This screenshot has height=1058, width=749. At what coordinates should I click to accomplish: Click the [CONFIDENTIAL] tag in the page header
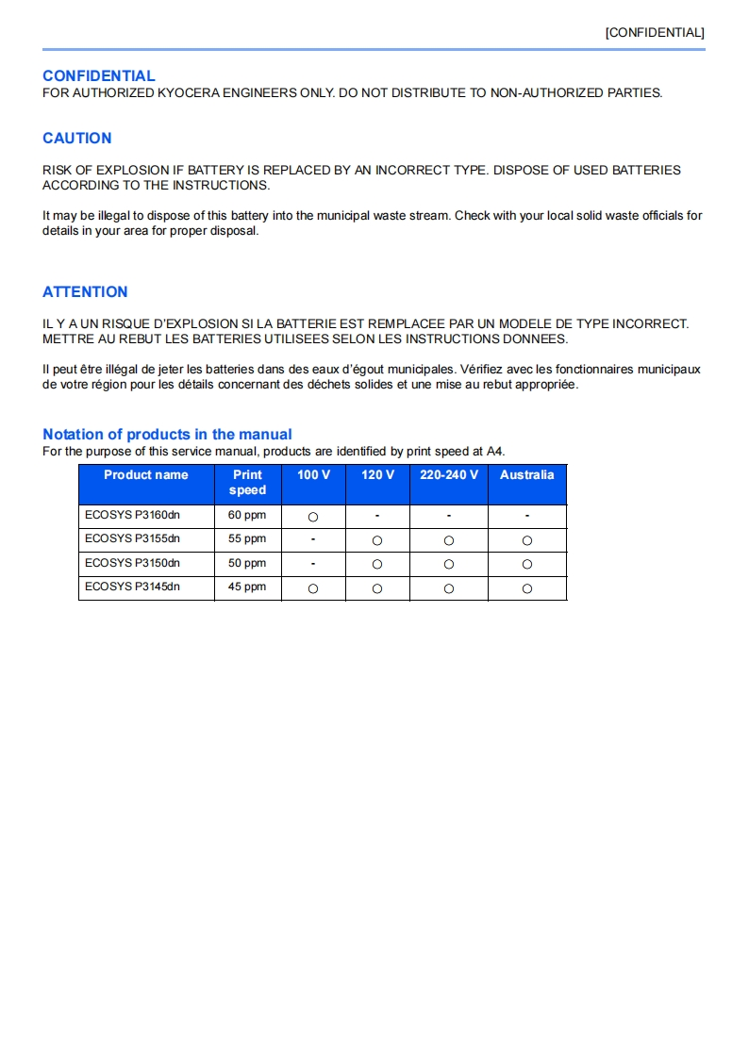pyautogui.click(x=655, y=32)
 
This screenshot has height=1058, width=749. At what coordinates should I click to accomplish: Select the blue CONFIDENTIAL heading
pyautogui.click(x=98, y=75)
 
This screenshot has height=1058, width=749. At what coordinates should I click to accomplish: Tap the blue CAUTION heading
pyautogui.click(x=76, y=138)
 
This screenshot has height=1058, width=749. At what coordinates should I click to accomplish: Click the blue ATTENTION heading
pyautogui.click(x=85, y=291)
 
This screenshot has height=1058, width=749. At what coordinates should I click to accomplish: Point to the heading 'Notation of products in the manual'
pyautogui.click(x=167, y=434)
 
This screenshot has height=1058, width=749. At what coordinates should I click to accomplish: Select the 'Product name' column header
pyautogui.click(x=145, y=475)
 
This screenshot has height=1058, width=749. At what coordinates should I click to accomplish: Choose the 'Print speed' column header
pyautogui.click(x=247, y=482)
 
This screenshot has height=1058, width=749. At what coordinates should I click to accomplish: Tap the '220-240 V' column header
pyautogui.click(x=449, y=475)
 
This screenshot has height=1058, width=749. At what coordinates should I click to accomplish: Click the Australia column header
pyautogui.click(x=526, y=475)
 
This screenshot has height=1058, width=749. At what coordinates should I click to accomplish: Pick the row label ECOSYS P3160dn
pyautogui.click(x=132, y=516)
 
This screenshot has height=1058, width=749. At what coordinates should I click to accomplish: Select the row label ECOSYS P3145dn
pyautogui.click(x=132, y=587)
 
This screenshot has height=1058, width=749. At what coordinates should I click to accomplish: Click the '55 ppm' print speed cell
pyautogui.click(x=247, y=539)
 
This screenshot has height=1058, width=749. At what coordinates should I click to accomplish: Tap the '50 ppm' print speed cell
pyautogui.click(x=247, y=563)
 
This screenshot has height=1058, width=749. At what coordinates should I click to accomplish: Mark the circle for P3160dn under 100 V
pyautogui.click(x=313, y=517)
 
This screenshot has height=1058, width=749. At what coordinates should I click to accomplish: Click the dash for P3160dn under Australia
pyautogui.click(x=527, y=516)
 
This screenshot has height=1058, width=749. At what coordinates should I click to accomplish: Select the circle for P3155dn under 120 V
pyautogui.click(x=377, y=540)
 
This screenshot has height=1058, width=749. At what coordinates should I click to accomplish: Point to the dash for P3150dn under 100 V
pyautogui.click(x=313, y=563)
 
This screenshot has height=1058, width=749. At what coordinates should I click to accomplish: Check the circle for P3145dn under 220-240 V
pyautogui.click(x=449, y=588)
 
